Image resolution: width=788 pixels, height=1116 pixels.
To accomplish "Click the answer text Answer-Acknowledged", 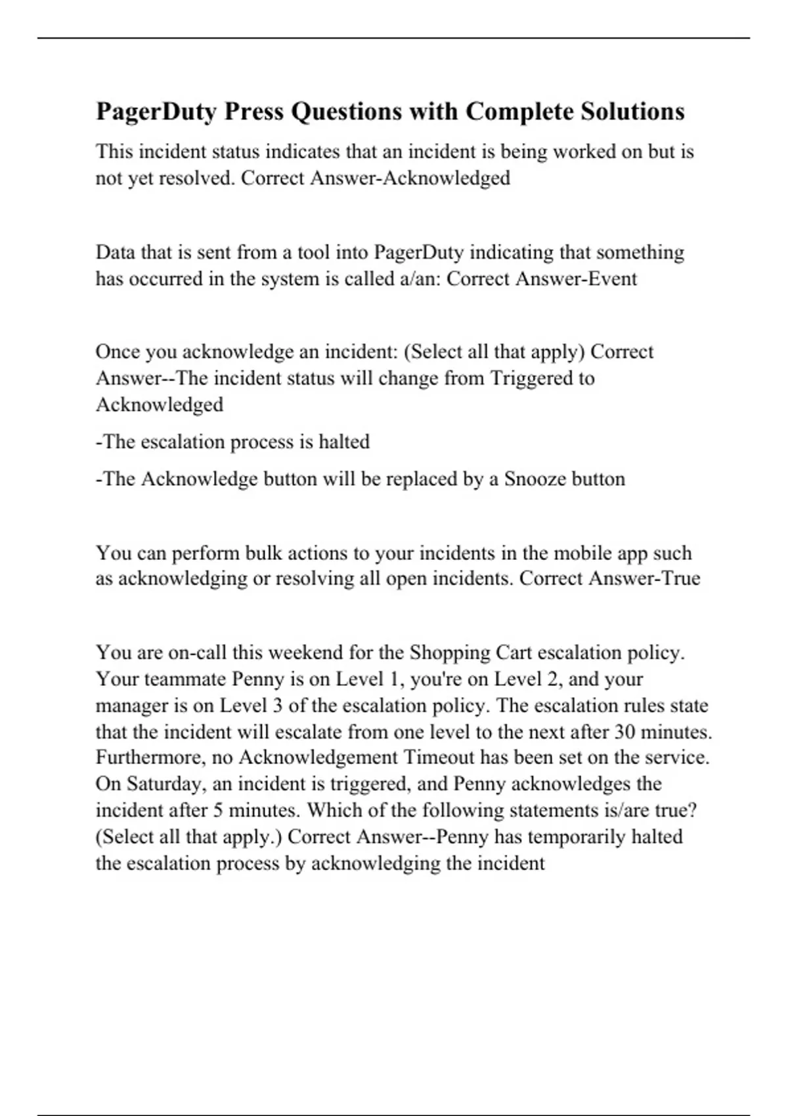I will pyautogui.click(x=410, y=178).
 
